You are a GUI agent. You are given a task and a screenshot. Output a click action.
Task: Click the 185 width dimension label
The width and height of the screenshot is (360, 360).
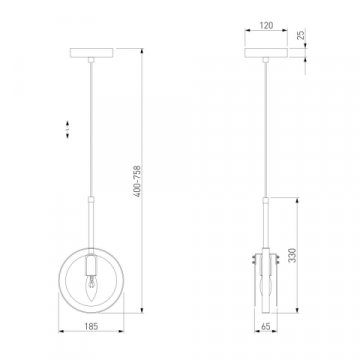(x=91, y=326)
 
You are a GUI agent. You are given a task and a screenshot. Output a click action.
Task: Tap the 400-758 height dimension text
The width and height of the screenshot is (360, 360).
(x=138, y=181)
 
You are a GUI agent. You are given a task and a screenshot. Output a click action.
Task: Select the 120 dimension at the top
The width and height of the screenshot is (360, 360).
(x=266, y=25)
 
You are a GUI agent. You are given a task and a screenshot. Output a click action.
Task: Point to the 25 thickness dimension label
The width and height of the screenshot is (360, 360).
(x=301, y=34)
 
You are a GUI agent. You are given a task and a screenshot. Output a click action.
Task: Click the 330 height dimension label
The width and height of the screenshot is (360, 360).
(x=292, y=255)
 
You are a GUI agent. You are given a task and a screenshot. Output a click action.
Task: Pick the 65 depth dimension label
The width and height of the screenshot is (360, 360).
(x=266, y=327)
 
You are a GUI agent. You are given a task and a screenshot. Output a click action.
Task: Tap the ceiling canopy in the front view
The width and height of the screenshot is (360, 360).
(x=92, y=53)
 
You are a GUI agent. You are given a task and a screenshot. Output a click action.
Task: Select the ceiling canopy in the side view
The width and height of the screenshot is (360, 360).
(x=266, y=53)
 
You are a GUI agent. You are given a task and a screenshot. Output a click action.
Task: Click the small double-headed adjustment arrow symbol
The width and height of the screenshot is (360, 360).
(x=67, y=129)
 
